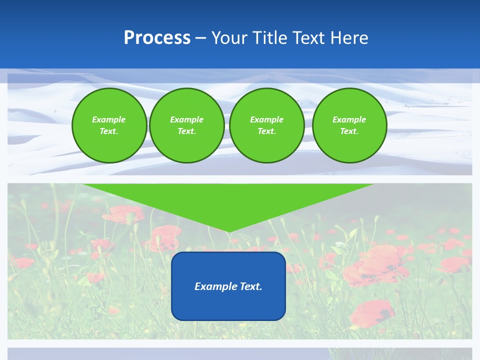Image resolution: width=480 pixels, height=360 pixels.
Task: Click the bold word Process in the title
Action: click(x=157, y=37)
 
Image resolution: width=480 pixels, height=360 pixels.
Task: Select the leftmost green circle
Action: click(x=109, y=125)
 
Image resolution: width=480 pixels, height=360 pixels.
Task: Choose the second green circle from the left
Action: click(x=186, y=125)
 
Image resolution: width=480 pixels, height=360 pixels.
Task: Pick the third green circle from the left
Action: click(x=266, y=125)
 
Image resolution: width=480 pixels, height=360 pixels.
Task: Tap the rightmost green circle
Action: click(x=349, y=125)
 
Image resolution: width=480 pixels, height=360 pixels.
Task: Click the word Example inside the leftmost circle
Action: click(x=108, y=119)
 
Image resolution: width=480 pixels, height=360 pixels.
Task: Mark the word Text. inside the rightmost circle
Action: click(x=349, y=131)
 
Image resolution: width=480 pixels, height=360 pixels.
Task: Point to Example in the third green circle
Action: click(x=266, y=119)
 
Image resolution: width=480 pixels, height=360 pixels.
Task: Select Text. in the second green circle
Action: click(x=186, y=131)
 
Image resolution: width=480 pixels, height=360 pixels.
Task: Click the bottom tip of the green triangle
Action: click(x=228, y=231)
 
